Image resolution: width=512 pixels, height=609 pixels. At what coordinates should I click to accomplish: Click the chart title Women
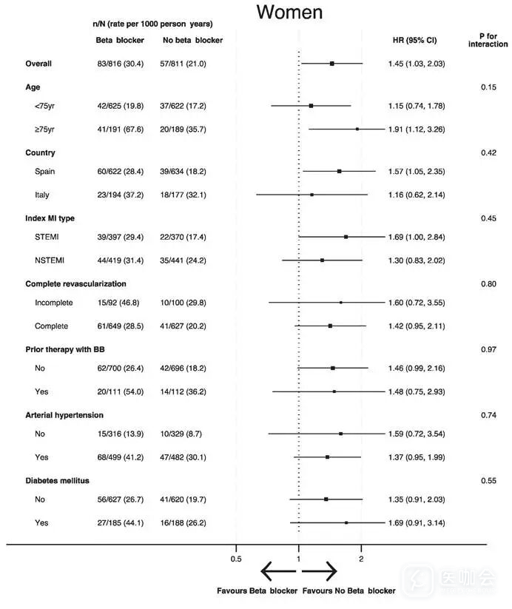click(289, 13)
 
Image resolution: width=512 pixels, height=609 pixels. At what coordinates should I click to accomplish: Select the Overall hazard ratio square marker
click(332, 64)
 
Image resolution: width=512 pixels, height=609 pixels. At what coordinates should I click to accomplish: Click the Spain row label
click(45, 171)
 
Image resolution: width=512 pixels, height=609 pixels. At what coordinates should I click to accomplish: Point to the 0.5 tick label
click(236, 559)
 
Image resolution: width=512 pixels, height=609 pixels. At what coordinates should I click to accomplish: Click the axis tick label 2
click(361, 559)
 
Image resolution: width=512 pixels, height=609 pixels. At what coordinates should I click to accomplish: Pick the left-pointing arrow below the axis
click(277, 571)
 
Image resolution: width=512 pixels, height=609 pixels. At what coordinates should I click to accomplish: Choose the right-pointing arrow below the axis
click(320, 571)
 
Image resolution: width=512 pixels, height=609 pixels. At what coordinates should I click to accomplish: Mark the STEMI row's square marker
click(346, 237)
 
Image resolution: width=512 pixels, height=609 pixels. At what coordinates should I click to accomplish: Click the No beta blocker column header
click(191, 39)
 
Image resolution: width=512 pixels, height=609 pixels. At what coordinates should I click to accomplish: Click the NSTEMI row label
click(51, 260)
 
